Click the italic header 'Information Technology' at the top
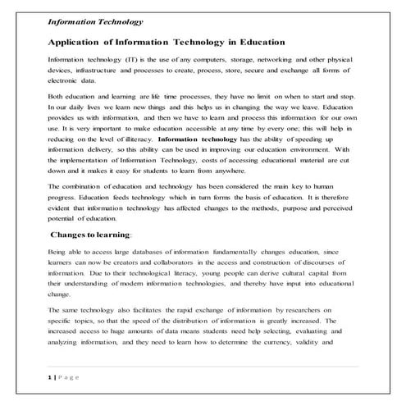click(x=96, y=22)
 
